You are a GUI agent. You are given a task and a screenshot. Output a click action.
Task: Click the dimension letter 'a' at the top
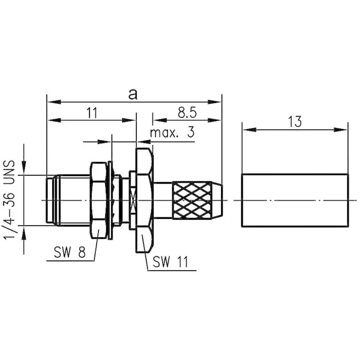[133, 94]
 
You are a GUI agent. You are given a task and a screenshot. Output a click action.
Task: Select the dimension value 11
[92, 113]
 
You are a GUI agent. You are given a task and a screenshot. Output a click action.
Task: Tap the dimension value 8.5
[187, 113]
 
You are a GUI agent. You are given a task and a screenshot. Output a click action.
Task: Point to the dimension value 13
[295, 121]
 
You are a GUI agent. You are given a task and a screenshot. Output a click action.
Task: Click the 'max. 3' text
[172, 132]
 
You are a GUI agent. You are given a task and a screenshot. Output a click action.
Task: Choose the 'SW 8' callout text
[69, 252]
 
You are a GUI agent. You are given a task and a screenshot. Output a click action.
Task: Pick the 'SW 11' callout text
[170, 261]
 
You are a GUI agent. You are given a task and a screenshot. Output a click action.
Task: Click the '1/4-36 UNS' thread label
[9, 200]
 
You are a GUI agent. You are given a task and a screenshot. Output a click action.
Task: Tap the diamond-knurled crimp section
[192, 200]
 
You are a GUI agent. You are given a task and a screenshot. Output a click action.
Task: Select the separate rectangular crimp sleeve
[295, 200]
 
